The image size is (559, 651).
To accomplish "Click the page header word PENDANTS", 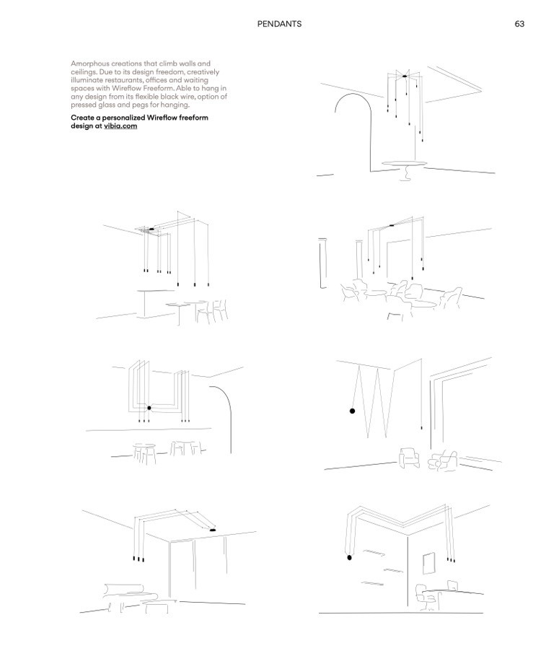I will (x=279, y=24).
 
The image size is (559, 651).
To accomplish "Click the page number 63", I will (x=519, y=24).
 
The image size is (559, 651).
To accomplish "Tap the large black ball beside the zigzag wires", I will (x=352, y=411).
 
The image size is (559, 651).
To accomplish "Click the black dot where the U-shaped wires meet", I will (x=149, y=408).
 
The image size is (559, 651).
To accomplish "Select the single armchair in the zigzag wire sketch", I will (x=410, y=458).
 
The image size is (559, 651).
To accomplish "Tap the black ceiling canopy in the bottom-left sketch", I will (x=214, y=530).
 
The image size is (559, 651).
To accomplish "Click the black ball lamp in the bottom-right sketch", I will (x=349, y=557).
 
